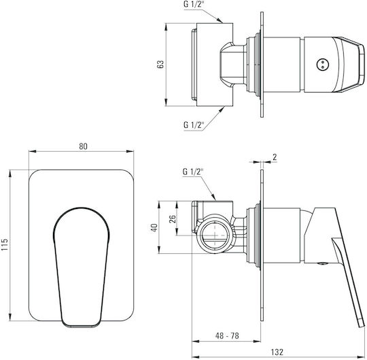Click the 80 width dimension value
(83, 146)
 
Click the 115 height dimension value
(5, 244)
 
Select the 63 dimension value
(160, 64)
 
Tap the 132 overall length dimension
(277, 352)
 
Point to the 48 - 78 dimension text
(227, 336)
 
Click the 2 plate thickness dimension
(275, 157)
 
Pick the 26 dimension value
(172, 218)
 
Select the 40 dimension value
(154, 227)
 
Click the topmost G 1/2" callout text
(193, 5)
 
